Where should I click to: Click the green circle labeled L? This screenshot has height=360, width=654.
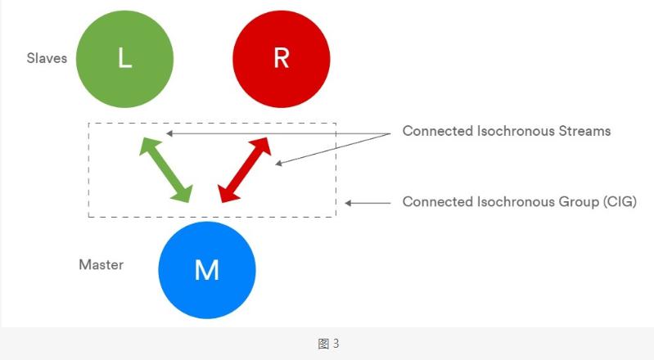click(x=124, y=58)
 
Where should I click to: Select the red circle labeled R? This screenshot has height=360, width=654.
click(x=281, y=58)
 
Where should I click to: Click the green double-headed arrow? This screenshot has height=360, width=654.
click(x=165, y=169)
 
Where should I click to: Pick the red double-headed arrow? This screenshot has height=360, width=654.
click(x=245, y=169)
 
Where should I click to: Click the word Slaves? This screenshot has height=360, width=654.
click(x=46, y=59)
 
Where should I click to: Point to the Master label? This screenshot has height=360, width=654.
click(x=101, y=264)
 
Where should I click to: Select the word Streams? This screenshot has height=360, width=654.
click(x=584, y=131)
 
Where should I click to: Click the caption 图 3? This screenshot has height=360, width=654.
click(x=327, y=344)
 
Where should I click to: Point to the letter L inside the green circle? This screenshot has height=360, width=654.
click(x=124, y=59)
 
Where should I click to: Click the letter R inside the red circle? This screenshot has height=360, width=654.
click(x=281, y=59)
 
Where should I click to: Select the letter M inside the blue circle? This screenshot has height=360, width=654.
click(x=206, y=270)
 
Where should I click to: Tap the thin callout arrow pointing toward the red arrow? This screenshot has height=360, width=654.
click(x=327, y=150)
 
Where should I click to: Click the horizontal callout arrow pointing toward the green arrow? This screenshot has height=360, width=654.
click(x=270, y=133)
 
